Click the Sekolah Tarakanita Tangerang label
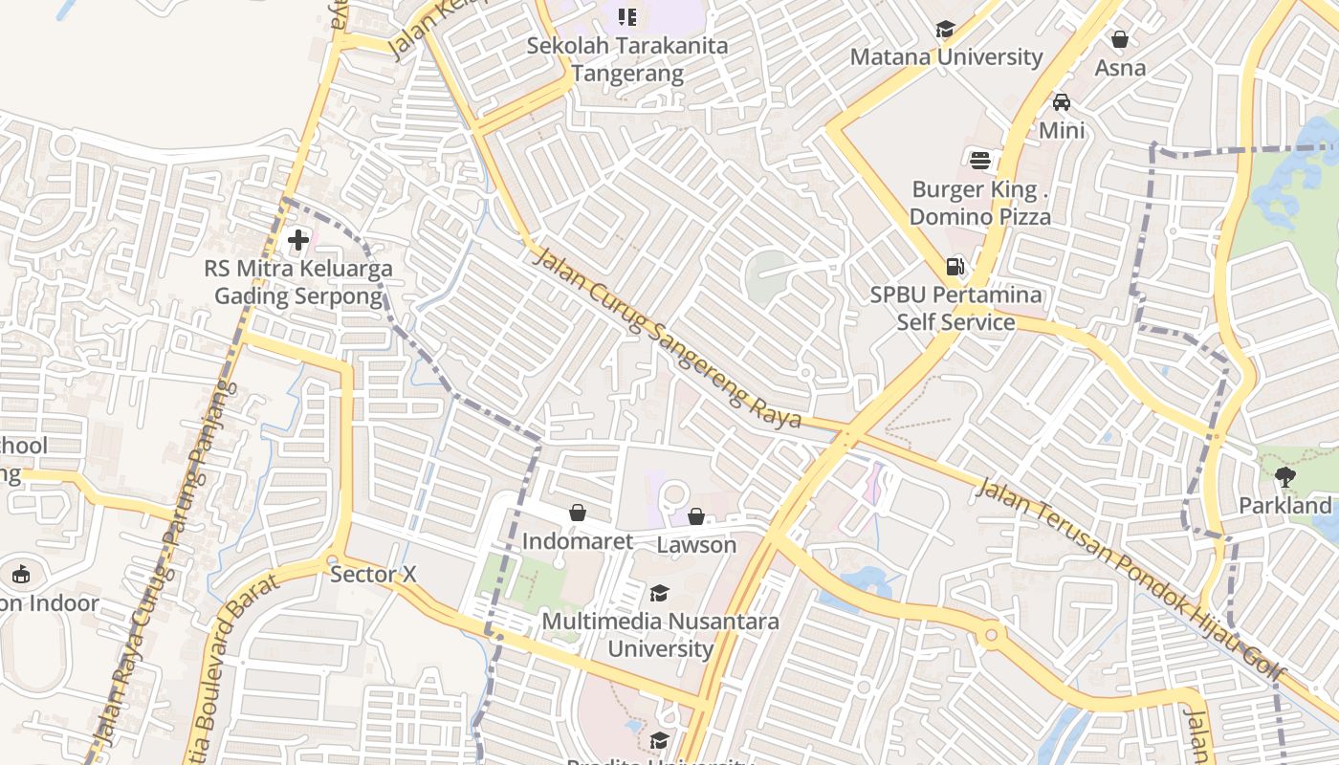point(626,59)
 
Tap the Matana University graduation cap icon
point(945,30)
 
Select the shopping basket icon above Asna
point(1119,40)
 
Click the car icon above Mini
point(1061,102)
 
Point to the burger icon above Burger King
point(979,160)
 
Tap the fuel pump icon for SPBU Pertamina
point(954,267)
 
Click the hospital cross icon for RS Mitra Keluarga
point(298,239)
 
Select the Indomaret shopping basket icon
point(577,514)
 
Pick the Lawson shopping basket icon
point(696,517)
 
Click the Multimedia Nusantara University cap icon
point(659,594)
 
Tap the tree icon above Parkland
point(1284,476)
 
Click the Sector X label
point(373,575)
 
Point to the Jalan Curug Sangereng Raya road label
point(667,339)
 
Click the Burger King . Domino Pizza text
point(979,203)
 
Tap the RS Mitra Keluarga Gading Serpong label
point(297,282)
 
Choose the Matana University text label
point(946,57)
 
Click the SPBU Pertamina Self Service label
point(955,308)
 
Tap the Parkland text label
point(1284,506)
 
